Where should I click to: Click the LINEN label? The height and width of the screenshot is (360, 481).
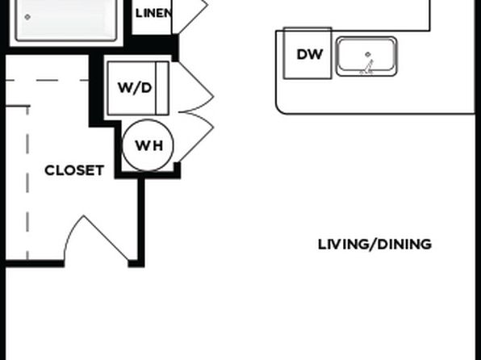pos(153,13)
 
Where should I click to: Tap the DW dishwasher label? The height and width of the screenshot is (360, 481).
pos(310,55)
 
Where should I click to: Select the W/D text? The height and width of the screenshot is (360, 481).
pos(135,88)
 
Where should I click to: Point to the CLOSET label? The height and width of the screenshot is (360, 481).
pos(74,170)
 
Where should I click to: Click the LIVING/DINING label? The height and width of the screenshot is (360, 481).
pos(374,245)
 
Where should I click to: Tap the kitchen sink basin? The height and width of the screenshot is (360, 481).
pos(366,57)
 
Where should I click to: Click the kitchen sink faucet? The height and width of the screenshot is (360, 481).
pos(367,68)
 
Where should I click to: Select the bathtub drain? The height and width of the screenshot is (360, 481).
pos(27,17)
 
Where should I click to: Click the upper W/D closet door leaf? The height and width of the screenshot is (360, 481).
pos(196,79)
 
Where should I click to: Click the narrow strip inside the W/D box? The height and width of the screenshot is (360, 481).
pos(162,88)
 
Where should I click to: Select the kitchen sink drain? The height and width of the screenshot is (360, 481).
pos(368,54)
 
